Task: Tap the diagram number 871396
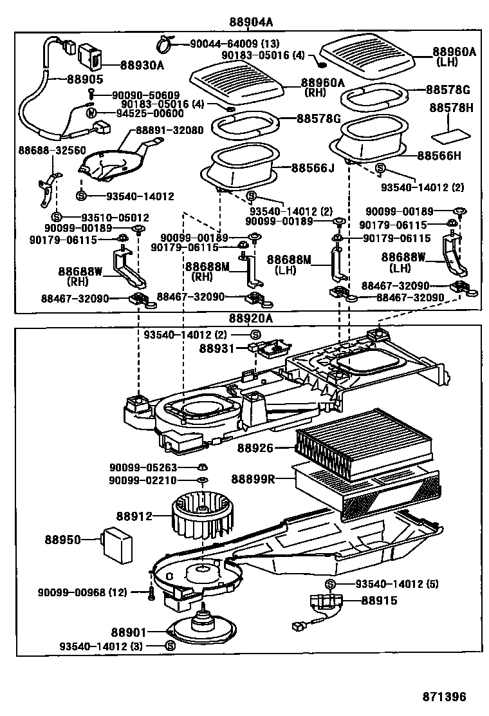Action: coord(444,697)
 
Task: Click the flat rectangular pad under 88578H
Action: coord(449,137)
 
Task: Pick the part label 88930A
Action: coord(142,65)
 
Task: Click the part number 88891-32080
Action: coord(169,129)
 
